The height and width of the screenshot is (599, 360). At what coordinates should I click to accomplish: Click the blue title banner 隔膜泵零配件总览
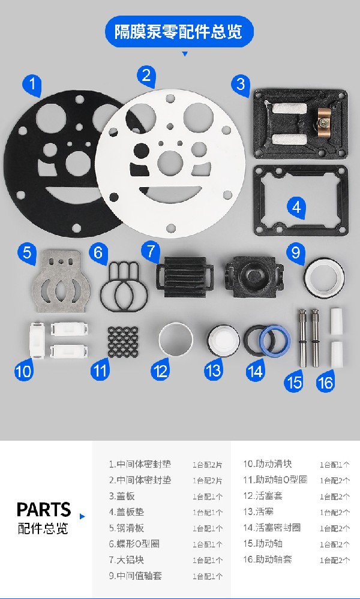coord(179,31)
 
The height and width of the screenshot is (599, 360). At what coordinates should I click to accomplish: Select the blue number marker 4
coord(296,207)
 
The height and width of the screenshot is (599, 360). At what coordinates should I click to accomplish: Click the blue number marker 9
coord(295,251)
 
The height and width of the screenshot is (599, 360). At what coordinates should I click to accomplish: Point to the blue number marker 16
coord(325,381)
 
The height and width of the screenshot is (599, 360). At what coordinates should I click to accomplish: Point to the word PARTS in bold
coord(44,510)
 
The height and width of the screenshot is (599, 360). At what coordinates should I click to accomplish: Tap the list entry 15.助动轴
coord(262,543)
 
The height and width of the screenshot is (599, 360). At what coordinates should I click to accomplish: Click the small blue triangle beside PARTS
coord(82,516)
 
